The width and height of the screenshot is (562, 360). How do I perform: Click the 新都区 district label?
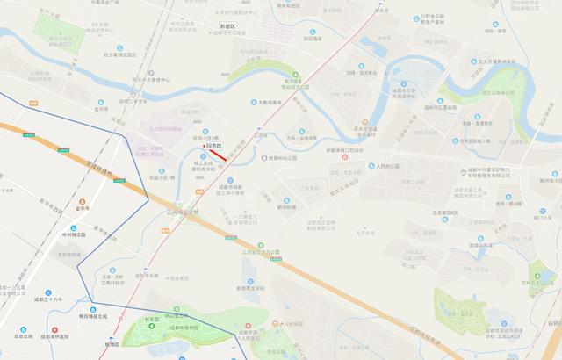tap(226, 27)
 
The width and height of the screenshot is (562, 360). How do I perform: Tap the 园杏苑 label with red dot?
tap(213, 147)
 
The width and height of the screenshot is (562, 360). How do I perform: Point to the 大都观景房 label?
tap(270, 102)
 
